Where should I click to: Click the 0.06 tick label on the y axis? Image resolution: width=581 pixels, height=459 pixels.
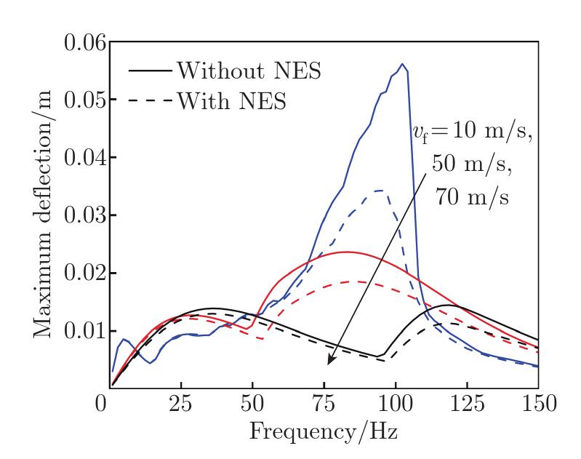(76, 42)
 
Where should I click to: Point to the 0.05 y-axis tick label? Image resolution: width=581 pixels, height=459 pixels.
(76, 100)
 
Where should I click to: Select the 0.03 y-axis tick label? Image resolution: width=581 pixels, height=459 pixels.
(76, 215)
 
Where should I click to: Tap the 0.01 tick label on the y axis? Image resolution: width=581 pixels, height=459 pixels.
(76, 331)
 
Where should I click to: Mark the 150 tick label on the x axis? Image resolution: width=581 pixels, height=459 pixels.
(537, 402)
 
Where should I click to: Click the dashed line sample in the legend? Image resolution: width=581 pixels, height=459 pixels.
(151, 102)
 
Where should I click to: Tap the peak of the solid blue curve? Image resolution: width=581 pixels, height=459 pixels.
(401, 64)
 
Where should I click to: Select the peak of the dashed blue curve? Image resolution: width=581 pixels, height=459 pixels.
(380, 191)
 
